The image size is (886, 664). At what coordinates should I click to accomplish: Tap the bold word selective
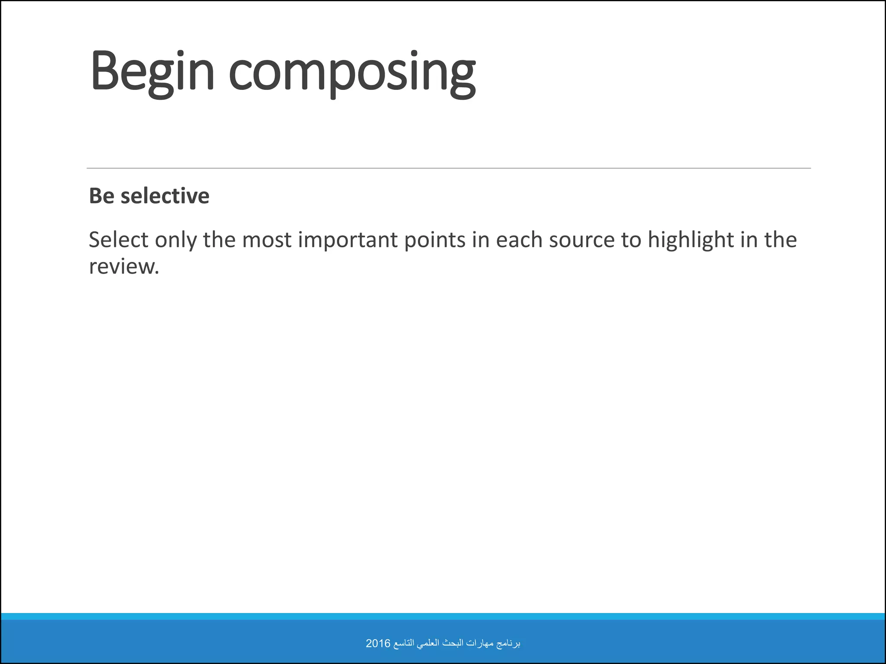click(165, 196)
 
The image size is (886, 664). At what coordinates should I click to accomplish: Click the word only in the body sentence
click(175, 240)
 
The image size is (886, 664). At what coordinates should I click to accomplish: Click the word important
click(348, 240)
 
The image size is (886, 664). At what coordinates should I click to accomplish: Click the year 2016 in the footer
click(378, 643)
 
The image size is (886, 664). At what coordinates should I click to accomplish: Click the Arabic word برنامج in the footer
click(509, 644)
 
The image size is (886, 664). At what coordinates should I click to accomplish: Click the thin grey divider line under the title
click(448, 168)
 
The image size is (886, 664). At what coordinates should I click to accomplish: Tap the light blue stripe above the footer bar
click(443, 616)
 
